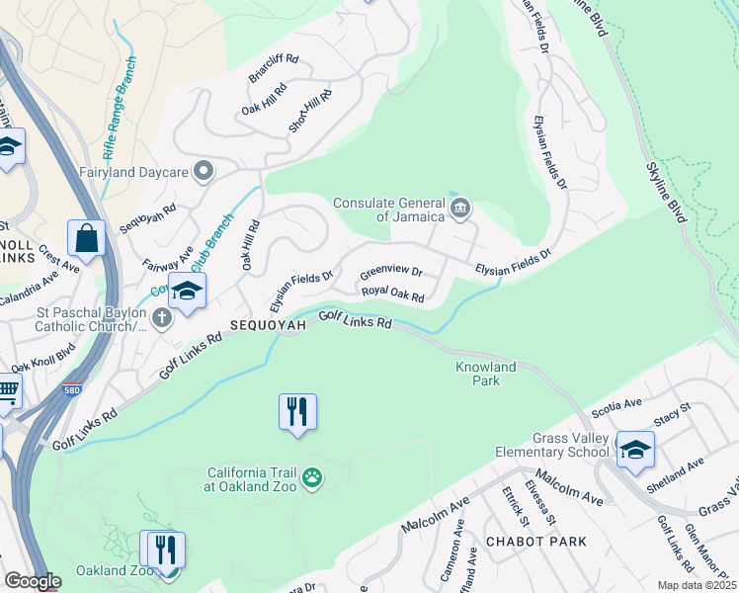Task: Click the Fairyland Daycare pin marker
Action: coord(205,172)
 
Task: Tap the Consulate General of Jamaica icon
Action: coord(459,209)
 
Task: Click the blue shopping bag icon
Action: coord(87,239)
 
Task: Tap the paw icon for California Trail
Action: coord(312,478)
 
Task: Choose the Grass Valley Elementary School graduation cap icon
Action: coord(634,449)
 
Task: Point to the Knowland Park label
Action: coord(485,374)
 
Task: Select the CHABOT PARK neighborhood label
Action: coord(535,542)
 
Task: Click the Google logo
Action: coord(33,581)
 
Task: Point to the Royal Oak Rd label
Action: coord(392,295)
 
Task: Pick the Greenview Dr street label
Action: coord(390,271)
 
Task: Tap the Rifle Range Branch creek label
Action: coord(120,109)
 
